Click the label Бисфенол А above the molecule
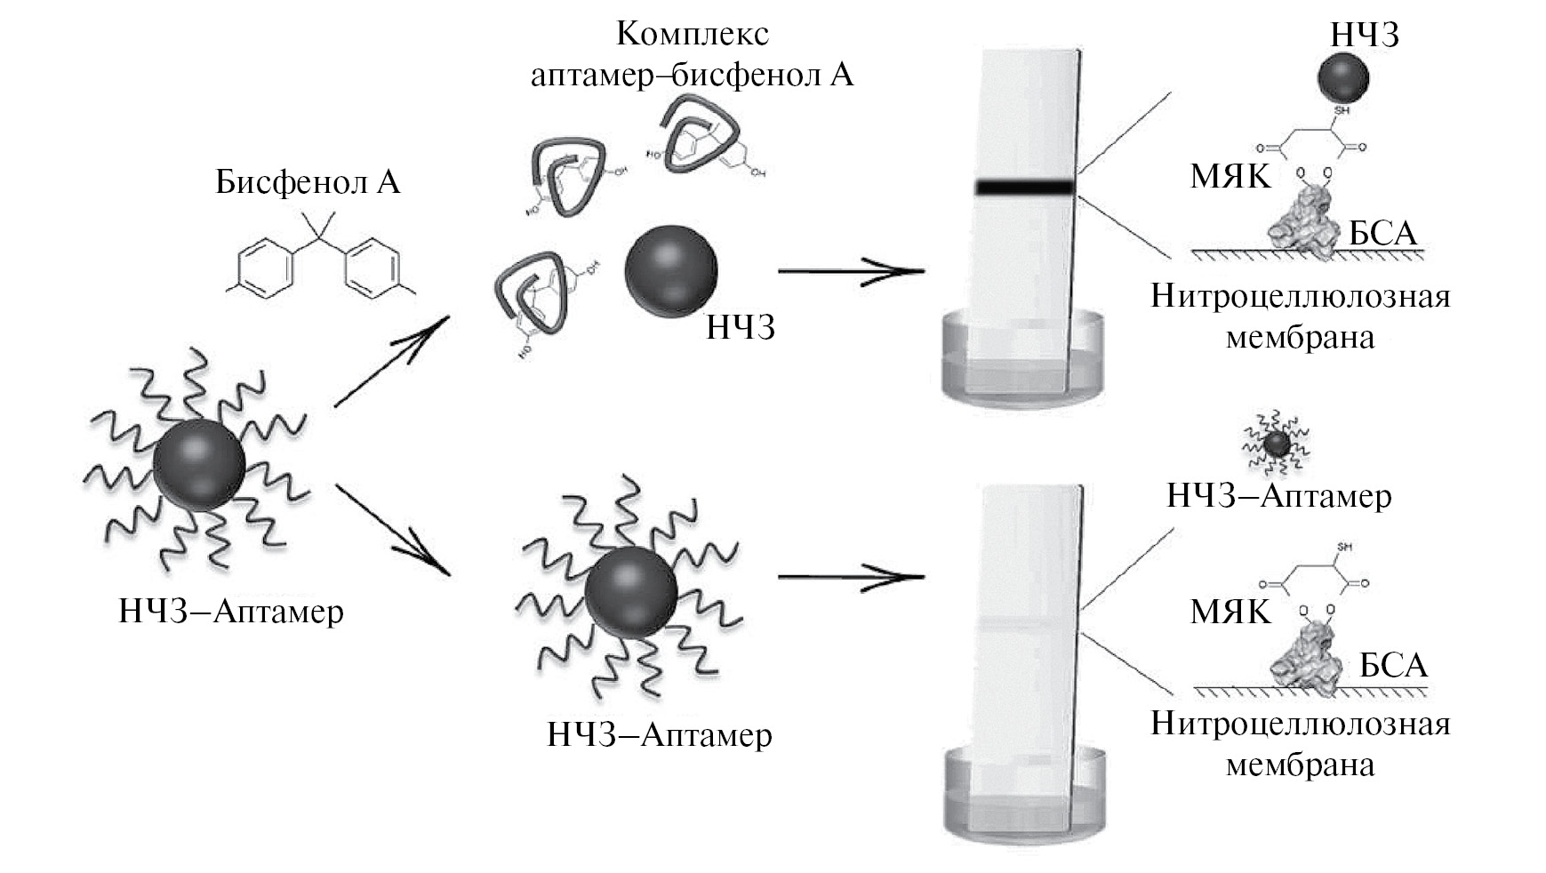tap(308, 182)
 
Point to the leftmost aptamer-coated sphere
tap(198, 465)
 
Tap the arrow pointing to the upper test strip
tap(851, 270)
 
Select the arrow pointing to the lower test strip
tap(851, 577)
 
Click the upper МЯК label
tap(1230, 178)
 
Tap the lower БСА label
tap(1393, 665)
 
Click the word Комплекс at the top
tap(692, 34)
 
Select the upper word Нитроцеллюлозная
tap(1300, 295)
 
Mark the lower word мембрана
tap(1300, 765)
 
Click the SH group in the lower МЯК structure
tap(1343, 547)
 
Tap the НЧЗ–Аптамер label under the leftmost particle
tap(231, 612)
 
